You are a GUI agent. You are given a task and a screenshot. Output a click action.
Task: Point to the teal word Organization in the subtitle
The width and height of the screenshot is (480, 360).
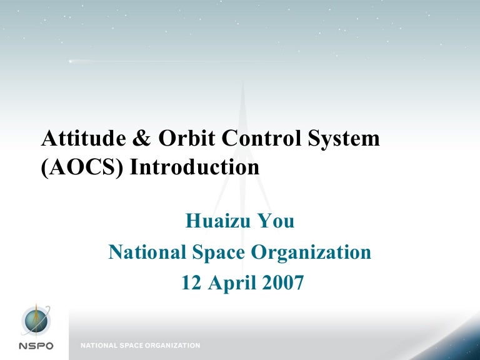click(x=312, y=253)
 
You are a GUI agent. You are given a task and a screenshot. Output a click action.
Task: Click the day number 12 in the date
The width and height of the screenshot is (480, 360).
click(x=192, y=283)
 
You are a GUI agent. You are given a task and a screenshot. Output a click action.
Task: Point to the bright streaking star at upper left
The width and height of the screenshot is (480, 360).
click(x=70, y=61)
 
